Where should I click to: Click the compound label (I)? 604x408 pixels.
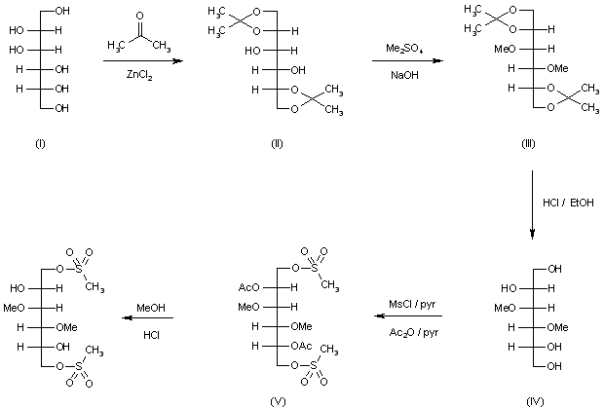[40, 143]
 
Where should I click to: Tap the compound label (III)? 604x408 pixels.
[529, 143]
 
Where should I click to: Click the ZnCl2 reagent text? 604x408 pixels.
[142, 76]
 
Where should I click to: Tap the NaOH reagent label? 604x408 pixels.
[401, 75]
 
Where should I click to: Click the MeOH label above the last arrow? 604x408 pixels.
[151, 306]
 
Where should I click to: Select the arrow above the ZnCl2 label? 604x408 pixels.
[142, 60]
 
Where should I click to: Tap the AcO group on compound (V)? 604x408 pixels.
[248, 288]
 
